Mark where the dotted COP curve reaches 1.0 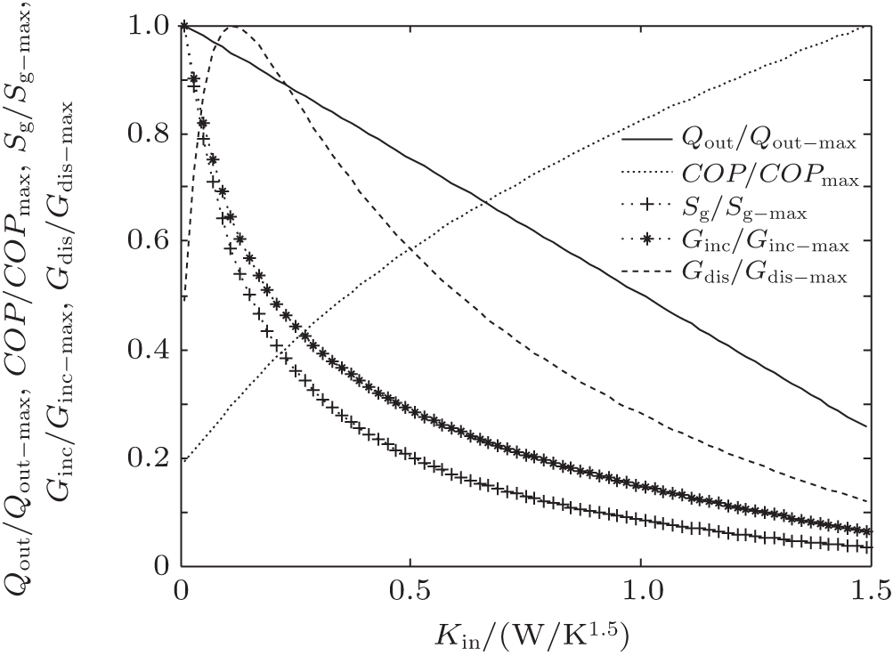[869, 27]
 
